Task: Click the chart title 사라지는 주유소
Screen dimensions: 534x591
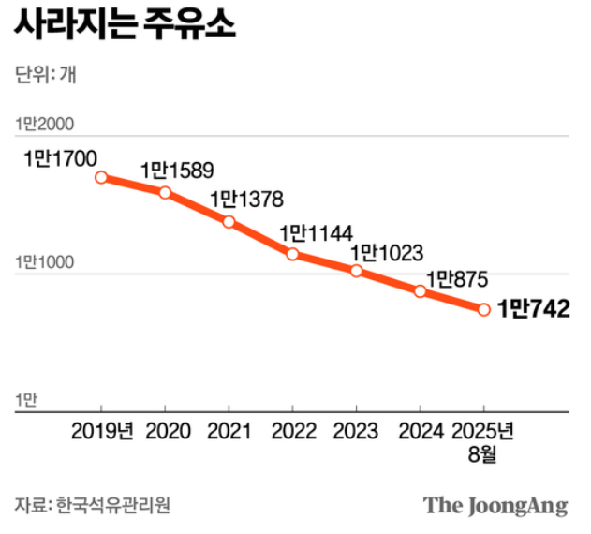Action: pos(125,24)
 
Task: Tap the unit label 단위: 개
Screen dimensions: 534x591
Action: pos(46,76)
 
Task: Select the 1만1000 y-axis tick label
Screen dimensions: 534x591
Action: pos(44,263)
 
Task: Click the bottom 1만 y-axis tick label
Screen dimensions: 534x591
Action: pos(26,400)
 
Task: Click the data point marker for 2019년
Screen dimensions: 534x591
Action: pos(101,177)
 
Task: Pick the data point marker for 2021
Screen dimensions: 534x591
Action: pos(229,221)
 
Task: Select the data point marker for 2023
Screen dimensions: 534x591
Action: pos(357,271)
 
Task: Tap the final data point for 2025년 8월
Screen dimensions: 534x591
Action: pos(484,309)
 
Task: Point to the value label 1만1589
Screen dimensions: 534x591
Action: pos(177,171)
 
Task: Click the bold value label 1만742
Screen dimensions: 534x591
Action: pos(534,308)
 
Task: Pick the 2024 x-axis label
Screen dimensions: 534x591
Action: pos(420,432)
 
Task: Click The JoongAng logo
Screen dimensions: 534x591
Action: pos(495,506)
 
